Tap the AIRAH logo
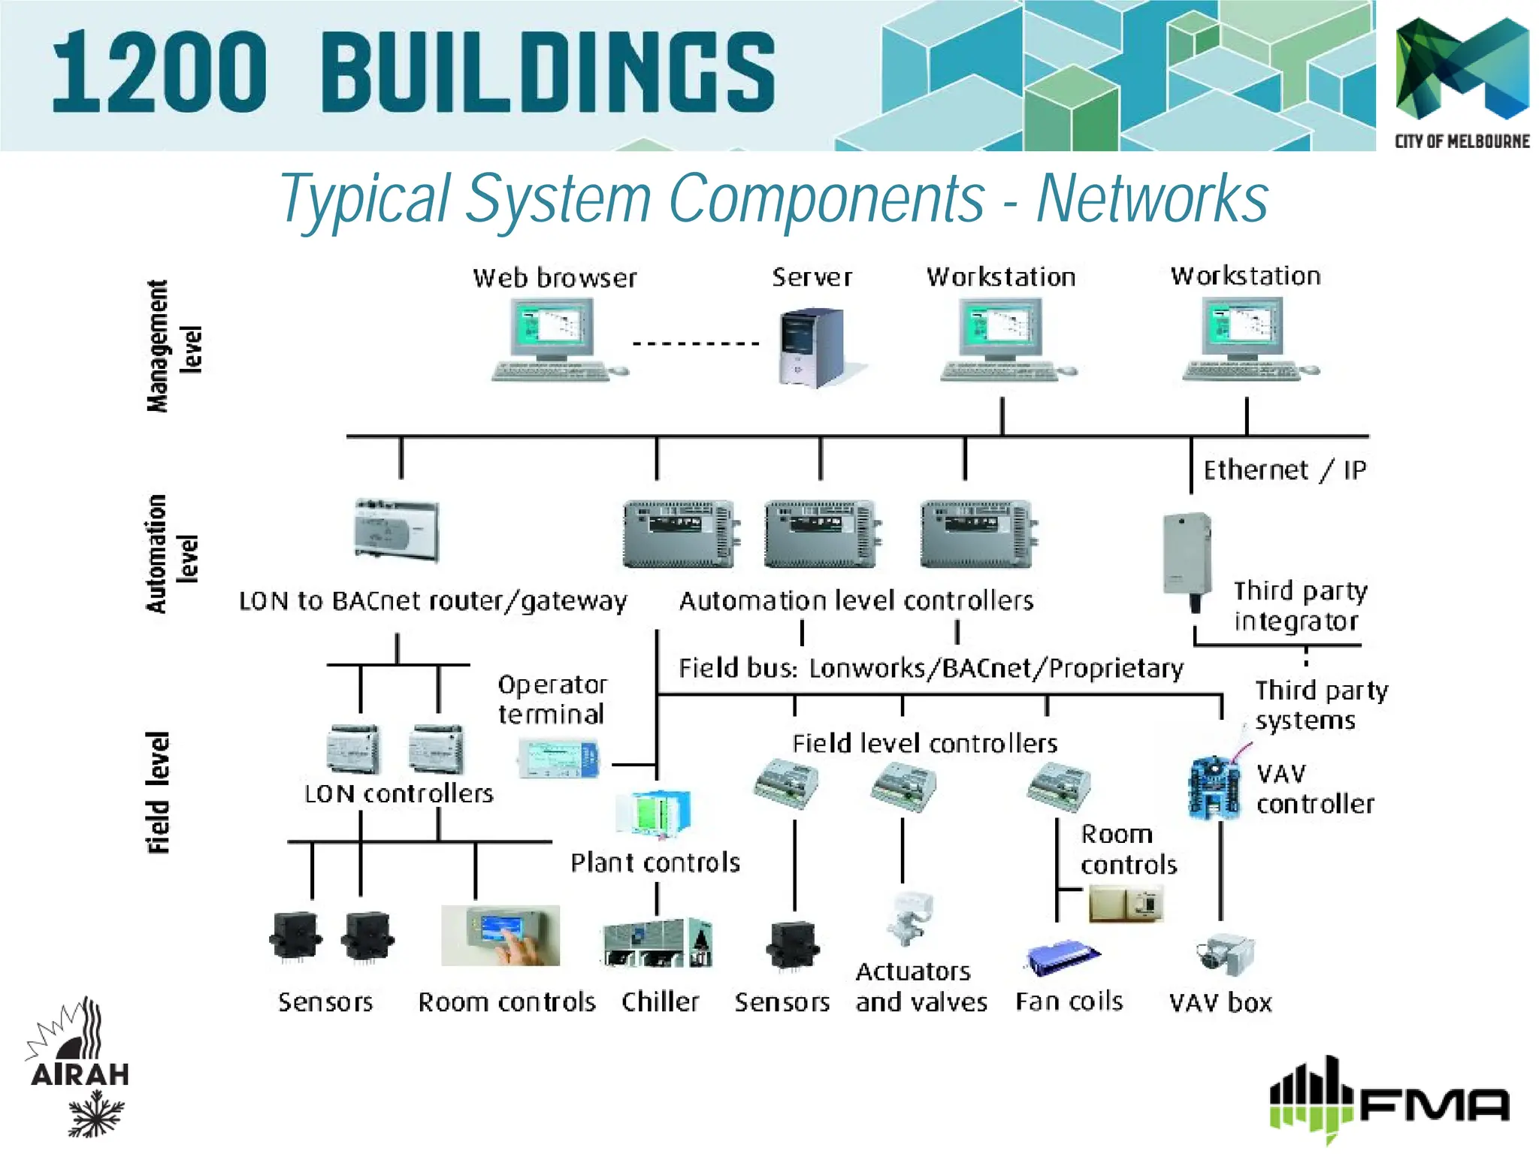pyautogui.click(x=78, y=1067)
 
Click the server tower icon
pyautogui.click(x=812, y=347)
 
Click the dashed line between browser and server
pyautogui.click(x=696, y=344)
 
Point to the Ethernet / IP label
pyautogui.click(x=1284, y=470)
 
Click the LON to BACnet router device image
pyautogui.click(x=397, y=530)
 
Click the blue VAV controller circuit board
pyautogui.click(x=1212, y=787)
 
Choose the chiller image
pyautogui.click(x=658, y=943)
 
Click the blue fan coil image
pyautogui.click(x=1061, y=957)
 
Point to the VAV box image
pyautogui.click(x=1224, y=953)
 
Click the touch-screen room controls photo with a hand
pyautogui.click(x=500, y=935)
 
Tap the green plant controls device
pyautogui.click(x=652, y=814)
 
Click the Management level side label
pyautogui.click(x=174, y=346)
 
